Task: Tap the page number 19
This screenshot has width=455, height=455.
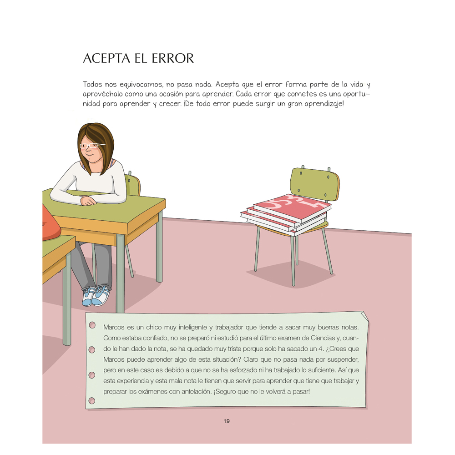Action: click(227, 421)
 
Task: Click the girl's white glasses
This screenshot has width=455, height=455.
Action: click(92, 146)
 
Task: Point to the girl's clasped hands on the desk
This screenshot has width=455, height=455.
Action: click(87, 201)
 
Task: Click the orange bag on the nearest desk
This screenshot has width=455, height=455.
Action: click(51, 222)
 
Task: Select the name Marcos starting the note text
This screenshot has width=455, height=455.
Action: click(114, 327)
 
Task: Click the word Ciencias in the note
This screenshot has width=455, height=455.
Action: click(323, 338)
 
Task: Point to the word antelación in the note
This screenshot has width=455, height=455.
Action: click(196, 391)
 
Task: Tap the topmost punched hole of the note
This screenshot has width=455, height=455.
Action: click(92, 325)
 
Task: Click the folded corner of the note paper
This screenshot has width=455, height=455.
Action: click(363, 316)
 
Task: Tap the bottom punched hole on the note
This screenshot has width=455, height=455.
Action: click(92, 401)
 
